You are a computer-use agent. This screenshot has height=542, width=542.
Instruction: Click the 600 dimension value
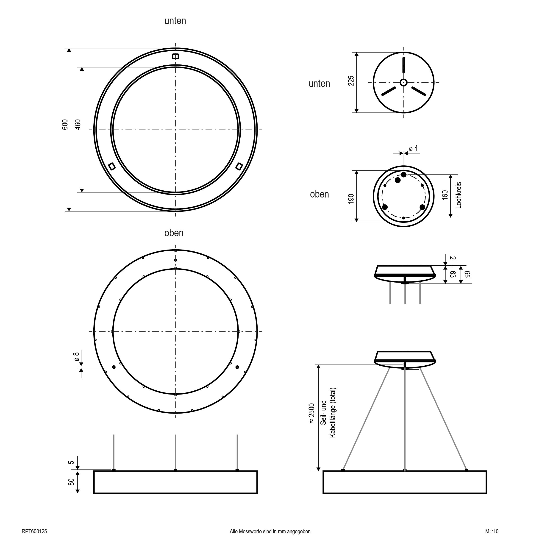click(65, 125)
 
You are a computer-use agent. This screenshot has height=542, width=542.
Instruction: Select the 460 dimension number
click(78, 125)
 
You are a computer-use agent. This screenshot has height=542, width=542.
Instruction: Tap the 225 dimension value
click(351, 81)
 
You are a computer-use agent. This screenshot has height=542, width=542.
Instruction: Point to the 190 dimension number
click(351, 199)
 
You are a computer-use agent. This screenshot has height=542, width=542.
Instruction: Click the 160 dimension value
click(445, 195)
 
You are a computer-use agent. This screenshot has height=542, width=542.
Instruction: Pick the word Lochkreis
click(459, 195)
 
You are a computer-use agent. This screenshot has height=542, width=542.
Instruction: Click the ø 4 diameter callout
click(414, 148)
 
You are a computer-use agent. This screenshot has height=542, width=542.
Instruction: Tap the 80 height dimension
click(71, 482)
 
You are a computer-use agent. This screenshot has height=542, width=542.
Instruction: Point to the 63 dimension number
click(452, 274)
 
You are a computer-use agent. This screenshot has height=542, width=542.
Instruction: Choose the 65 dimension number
click(467, 274)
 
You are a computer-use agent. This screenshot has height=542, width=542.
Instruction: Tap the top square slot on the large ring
click(175, 56)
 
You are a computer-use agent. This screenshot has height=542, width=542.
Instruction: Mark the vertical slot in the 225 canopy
click(403, 65)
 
